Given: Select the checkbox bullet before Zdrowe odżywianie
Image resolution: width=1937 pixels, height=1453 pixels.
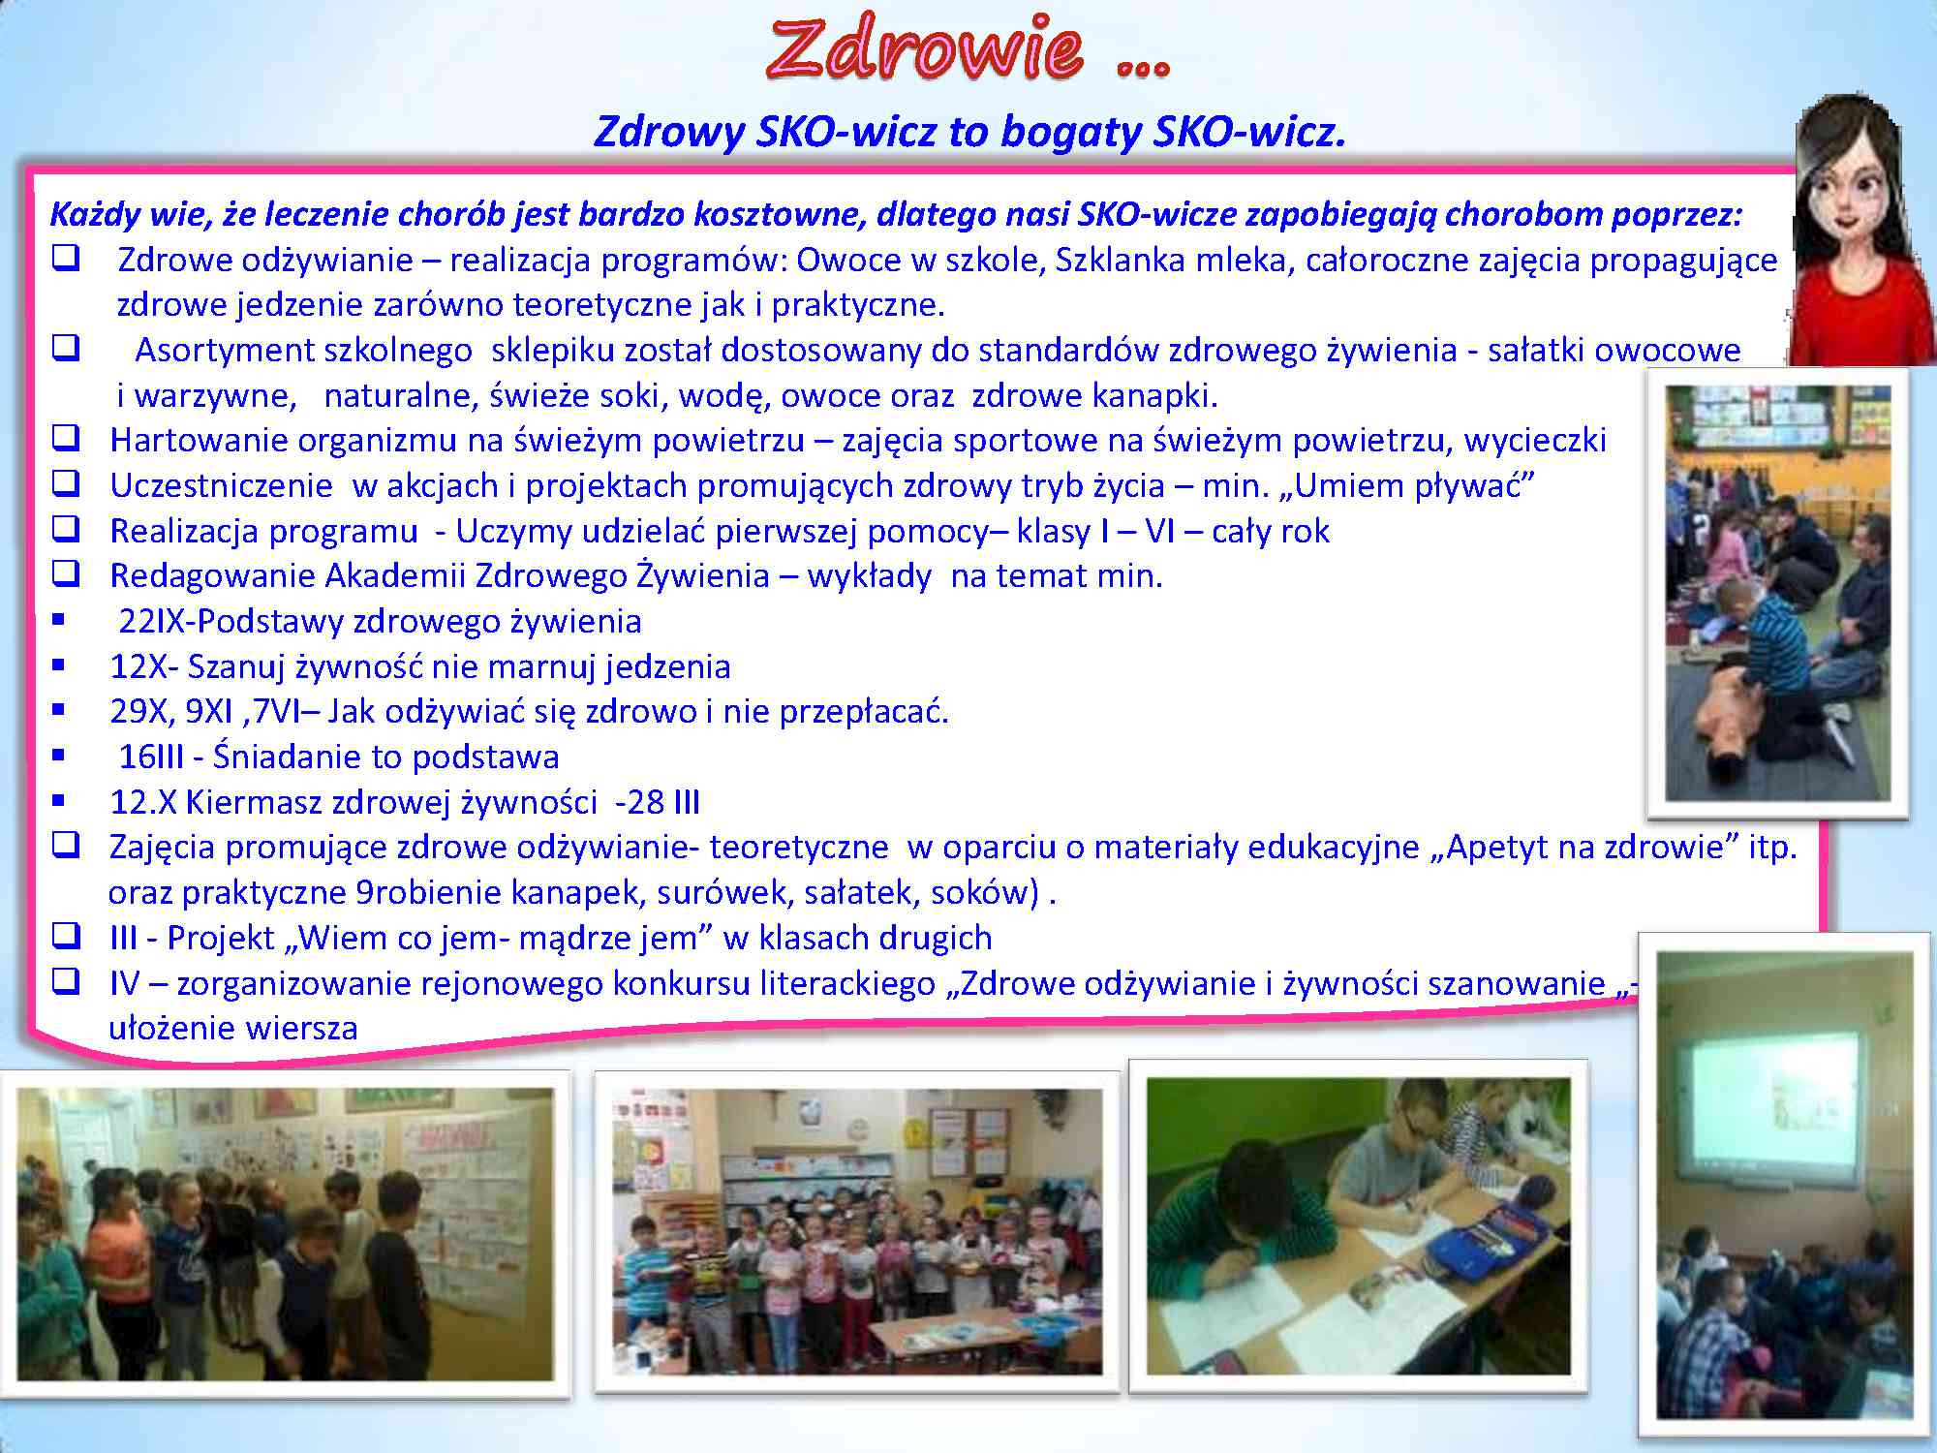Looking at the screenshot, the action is [x=66, y=259].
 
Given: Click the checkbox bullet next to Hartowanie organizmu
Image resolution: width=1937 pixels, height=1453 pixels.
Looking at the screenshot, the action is [x=66, y=439].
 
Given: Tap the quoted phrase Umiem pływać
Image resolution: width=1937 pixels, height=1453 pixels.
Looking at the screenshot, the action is [x=1415, y=485].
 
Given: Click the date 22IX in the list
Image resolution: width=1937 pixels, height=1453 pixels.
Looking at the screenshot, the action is [x=152, y=621].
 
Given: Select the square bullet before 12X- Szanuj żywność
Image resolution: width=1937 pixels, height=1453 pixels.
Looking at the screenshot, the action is [x=59, y=665].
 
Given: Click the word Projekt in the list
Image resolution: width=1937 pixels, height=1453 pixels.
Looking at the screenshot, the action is [x=221, y=938].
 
